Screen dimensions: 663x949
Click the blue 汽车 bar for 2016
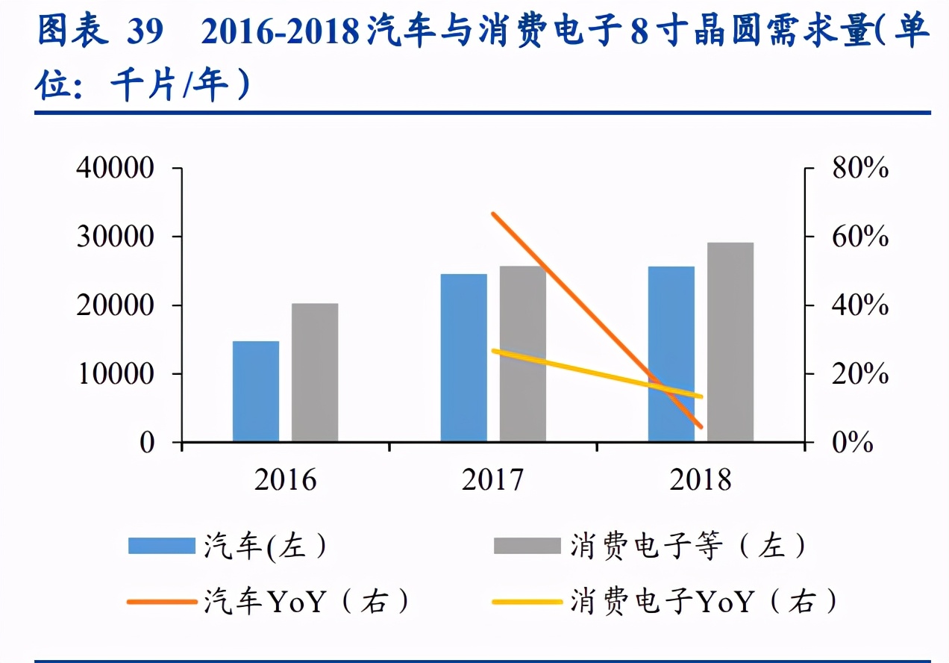(x=256, y=391)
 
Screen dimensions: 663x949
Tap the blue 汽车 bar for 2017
(x=463, y=358)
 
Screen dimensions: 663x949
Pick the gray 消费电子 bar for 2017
(x=522, y=354)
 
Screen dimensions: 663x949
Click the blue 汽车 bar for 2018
(x=671, y=354)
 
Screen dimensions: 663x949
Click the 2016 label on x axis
(x=285, y=480)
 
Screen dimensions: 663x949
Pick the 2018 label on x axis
(x=701, y=480)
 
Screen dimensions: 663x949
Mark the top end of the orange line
(x=493, y=214)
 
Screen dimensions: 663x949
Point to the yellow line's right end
(x=701, y=396)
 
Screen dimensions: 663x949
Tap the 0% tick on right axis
(x=851, y=443)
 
